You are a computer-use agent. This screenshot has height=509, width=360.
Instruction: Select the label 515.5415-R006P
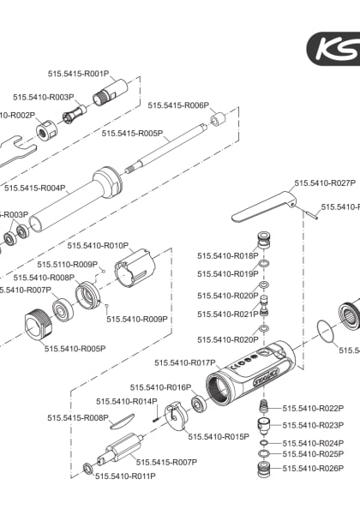(178, 105)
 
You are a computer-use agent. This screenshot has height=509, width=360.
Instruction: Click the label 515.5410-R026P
(313, 469)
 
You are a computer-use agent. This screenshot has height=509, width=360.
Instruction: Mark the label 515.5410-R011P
(124, 476)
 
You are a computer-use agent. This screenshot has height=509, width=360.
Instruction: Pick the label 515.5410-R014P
(127, 401)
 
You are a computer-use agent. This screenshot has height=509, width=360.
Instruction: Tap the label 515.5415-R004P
(35, 188)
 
